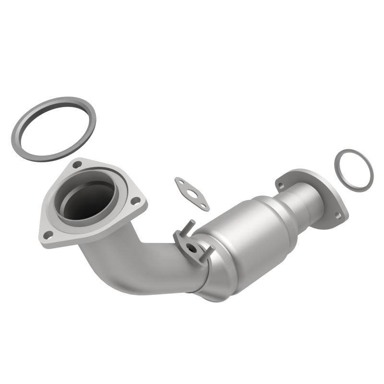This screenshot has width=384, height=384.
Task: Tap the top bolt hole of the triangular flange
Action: point(76,164)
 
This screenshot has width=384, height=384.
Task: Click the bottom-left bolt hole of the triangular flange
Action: point(48,234)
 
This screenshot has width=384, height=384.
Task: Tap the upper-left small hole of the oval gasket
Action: point(180,182)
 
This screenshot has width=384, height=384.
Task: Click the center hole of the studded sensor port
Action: point(192,248)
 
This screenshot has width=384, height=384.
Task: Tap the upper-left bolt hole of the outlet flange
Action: point(281,184)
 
